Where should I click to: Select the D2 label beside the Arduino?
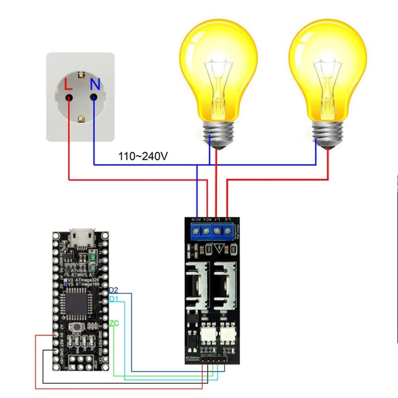click(113, 290)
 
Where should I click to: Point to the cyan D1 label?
click(113, 299)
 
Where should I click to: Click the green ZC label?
click(114, 323)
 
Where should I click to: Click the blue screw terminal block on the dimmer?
click(212, 231)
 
